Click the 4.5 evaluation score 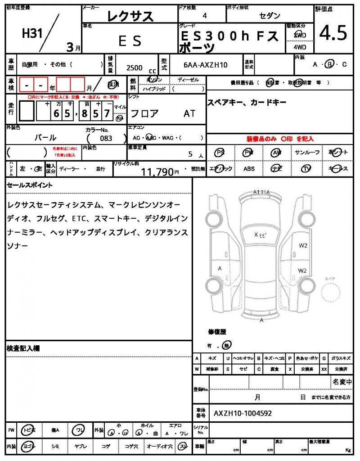[333, 32]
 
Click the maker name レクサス [130, 17]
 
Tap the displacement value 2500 [135, 68]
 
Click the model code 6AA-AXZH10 [206, 65]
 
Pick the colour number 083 [106, 139]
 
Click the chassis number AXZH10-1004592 [243, 413]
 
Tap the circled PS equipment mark [220, 153]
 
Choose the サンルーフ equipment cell [307, 153]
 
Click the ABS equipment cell [249, 169]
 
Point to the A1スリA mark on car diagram [261, 192]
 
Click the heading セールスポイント [30, 185]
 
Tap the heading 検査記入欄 [23, 348]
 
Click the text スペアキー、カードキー [247, 103]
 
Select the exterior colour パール [45, 138]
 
